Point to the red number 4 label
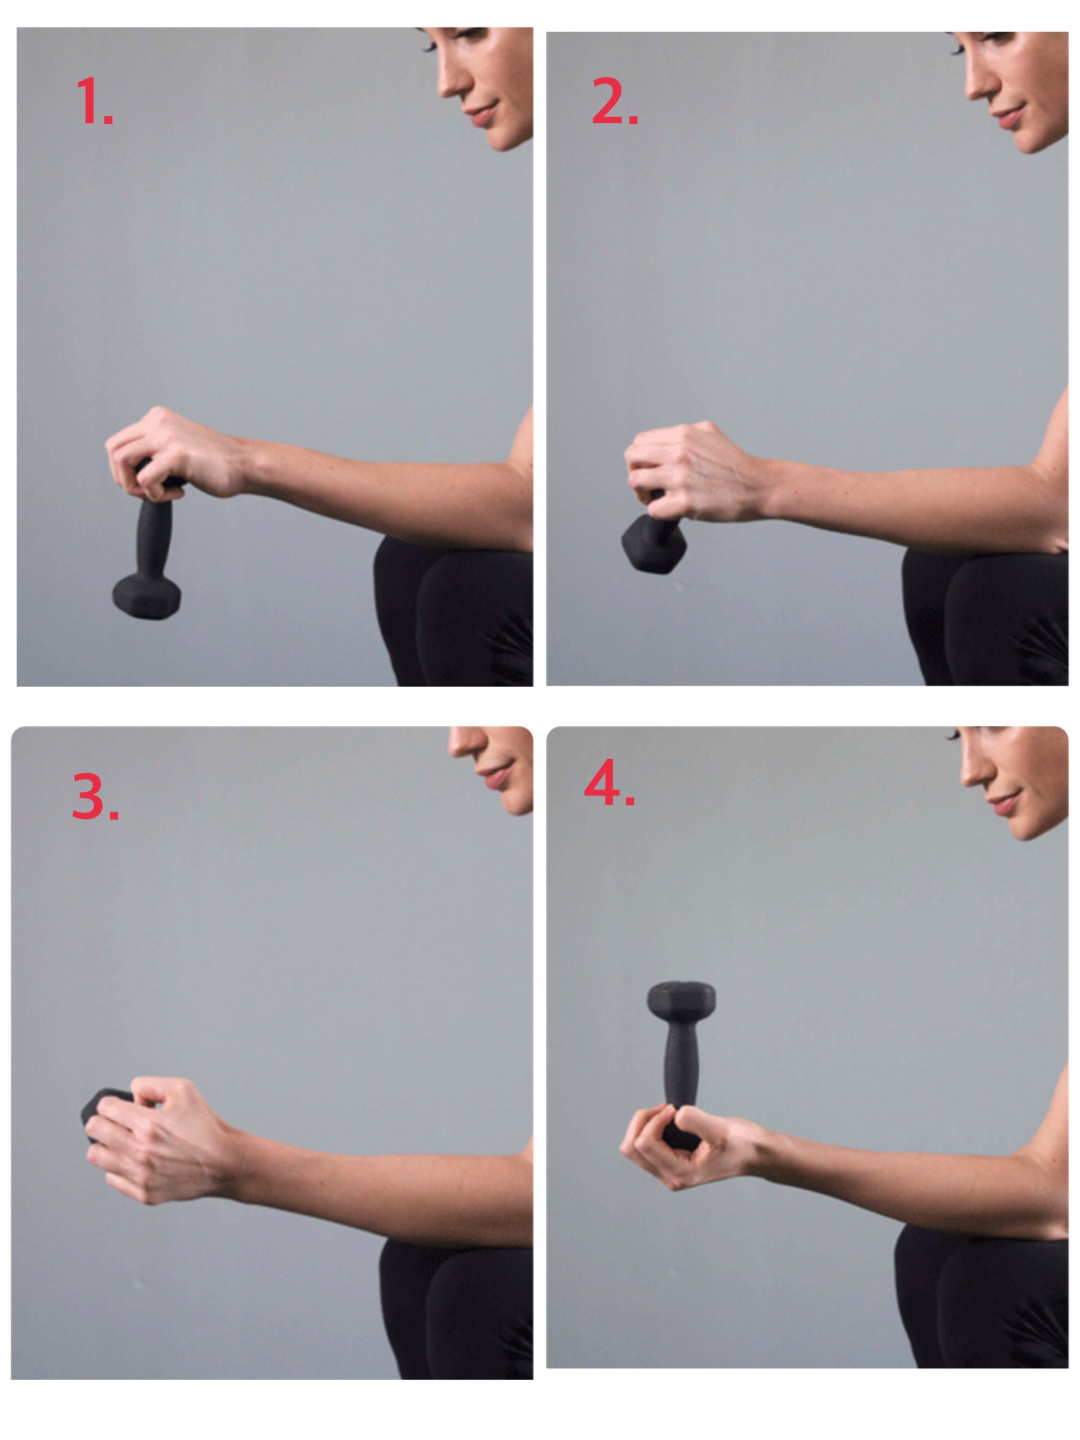[x=609, y=782]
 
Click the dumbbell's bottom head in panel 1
[x=147, y=595]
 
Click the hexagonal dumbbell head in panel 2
[x=653, y=543]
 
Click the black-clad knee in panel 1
[x=417, y=579]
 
